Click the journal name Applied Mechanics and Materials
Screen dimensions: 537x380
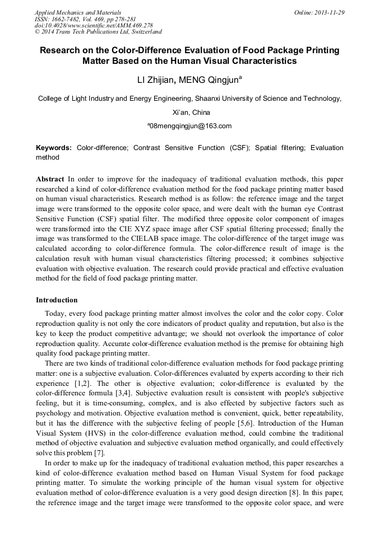click(78, 12)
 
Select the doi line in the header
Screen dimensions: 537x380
click(94, 26)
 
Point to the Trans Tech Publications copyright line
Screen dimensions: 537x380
click(98, 32)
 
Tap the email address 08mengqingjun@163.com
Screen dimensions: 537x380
click(190, 126)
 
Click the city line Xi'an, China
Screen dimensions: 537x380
click(189, 112)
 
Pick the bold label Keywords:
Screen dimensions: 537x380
click(54, 148)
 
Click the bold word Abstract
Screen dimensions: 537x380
click(50, 179)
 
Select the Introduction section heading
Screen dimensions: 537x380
click(57, 300)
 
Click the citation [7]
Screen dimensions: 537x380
click(99, 452)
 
